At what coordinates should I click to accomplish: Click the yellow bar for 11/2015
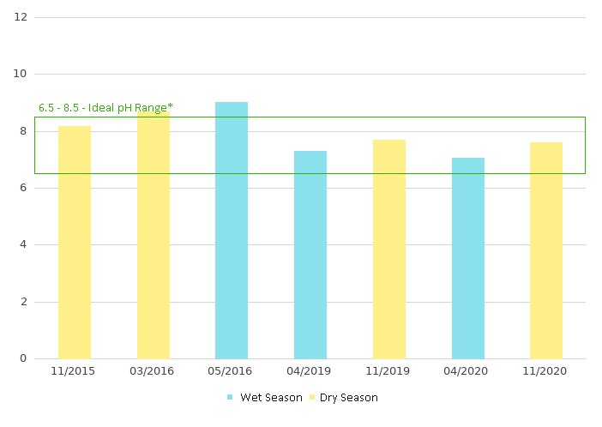(x=75, y=242)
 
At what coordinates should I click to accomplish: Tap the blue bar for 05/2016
(x=232, y=230)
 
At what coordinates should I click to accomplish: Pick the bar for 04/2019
(x=310, y=254)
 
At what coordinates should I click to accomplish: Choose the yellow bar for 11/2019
(x=389, y=249)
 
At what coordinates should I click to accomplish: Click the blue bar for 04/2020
(x=468, y=257)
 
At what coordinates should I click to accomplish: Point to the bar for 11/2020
(x=546, y=250)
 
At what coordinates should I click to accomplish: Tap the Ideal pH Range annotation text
(x=105, y=108)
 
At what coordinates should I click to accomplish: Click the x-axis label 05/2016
(x=232, y=371)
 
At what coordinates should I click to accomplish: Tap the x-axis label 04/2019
(x=310, y=371)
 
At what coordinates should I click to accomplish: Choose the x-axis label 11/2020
(x=546, y=371)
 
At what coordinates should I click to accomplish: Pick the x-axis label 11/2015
(x=74, y=371)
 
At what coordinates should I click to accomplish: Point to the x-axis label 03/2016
(x=153, y=371)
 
